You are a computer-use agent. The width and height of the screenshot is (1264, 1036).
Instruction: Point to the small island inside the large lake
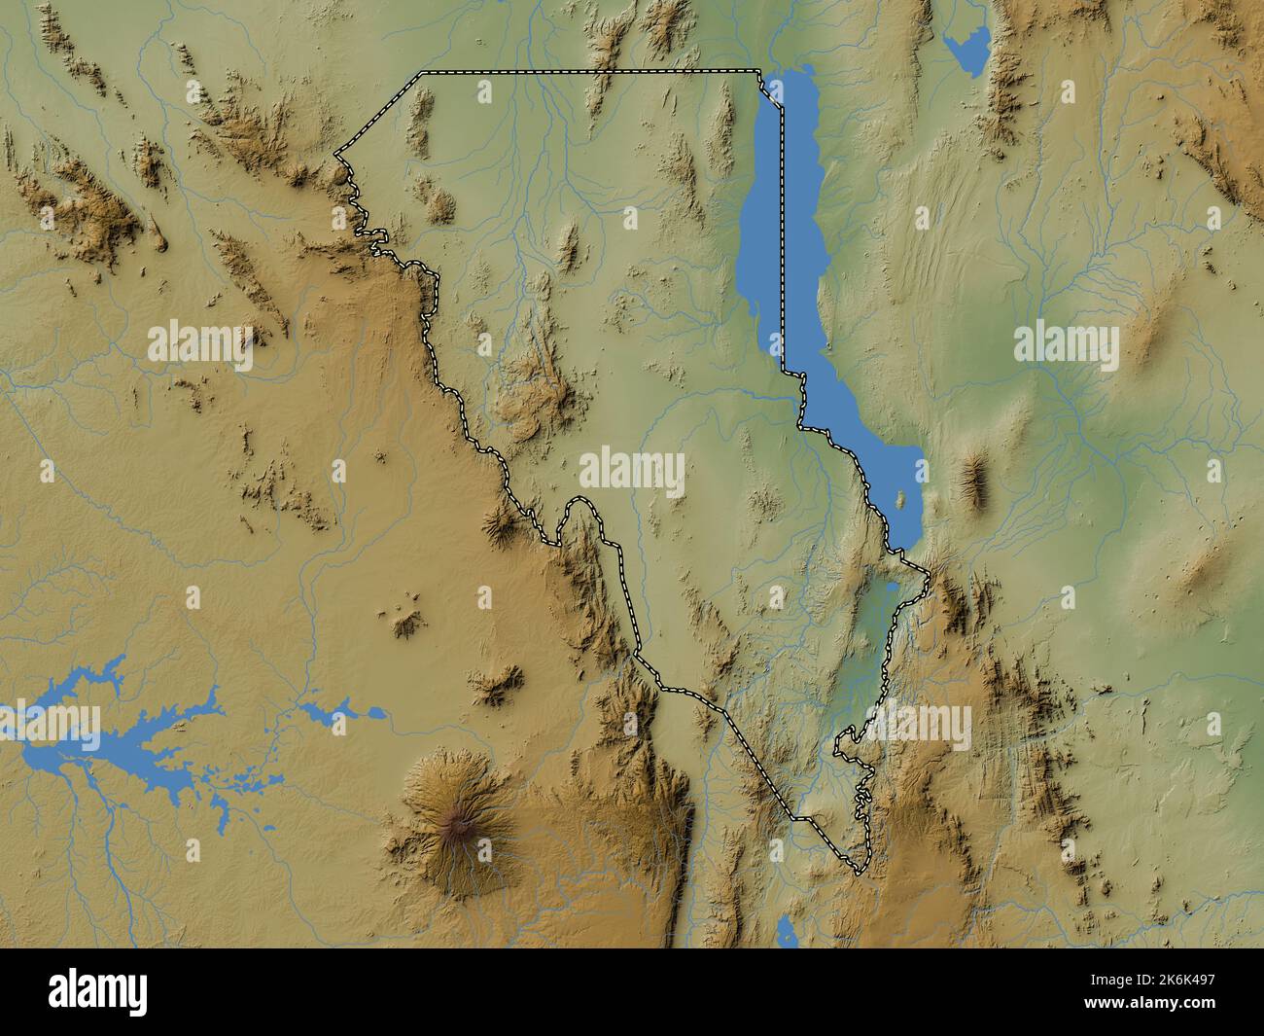click(x=900, y=498)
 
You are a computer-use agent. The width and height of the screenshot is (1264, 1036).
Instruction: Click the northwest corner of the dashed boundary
click(x=421, y=72)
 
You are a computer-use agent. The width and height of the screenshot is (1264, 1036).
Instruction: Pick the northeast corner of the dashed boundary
click(x=759, y=71)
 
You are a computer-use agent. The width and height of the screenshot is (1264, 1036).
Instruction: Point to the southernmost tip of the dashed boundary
click(x=858, y=872)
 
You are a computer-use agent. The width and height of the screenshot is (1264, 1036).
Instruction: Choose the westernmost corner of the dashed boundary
click(x=335, y=154)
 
